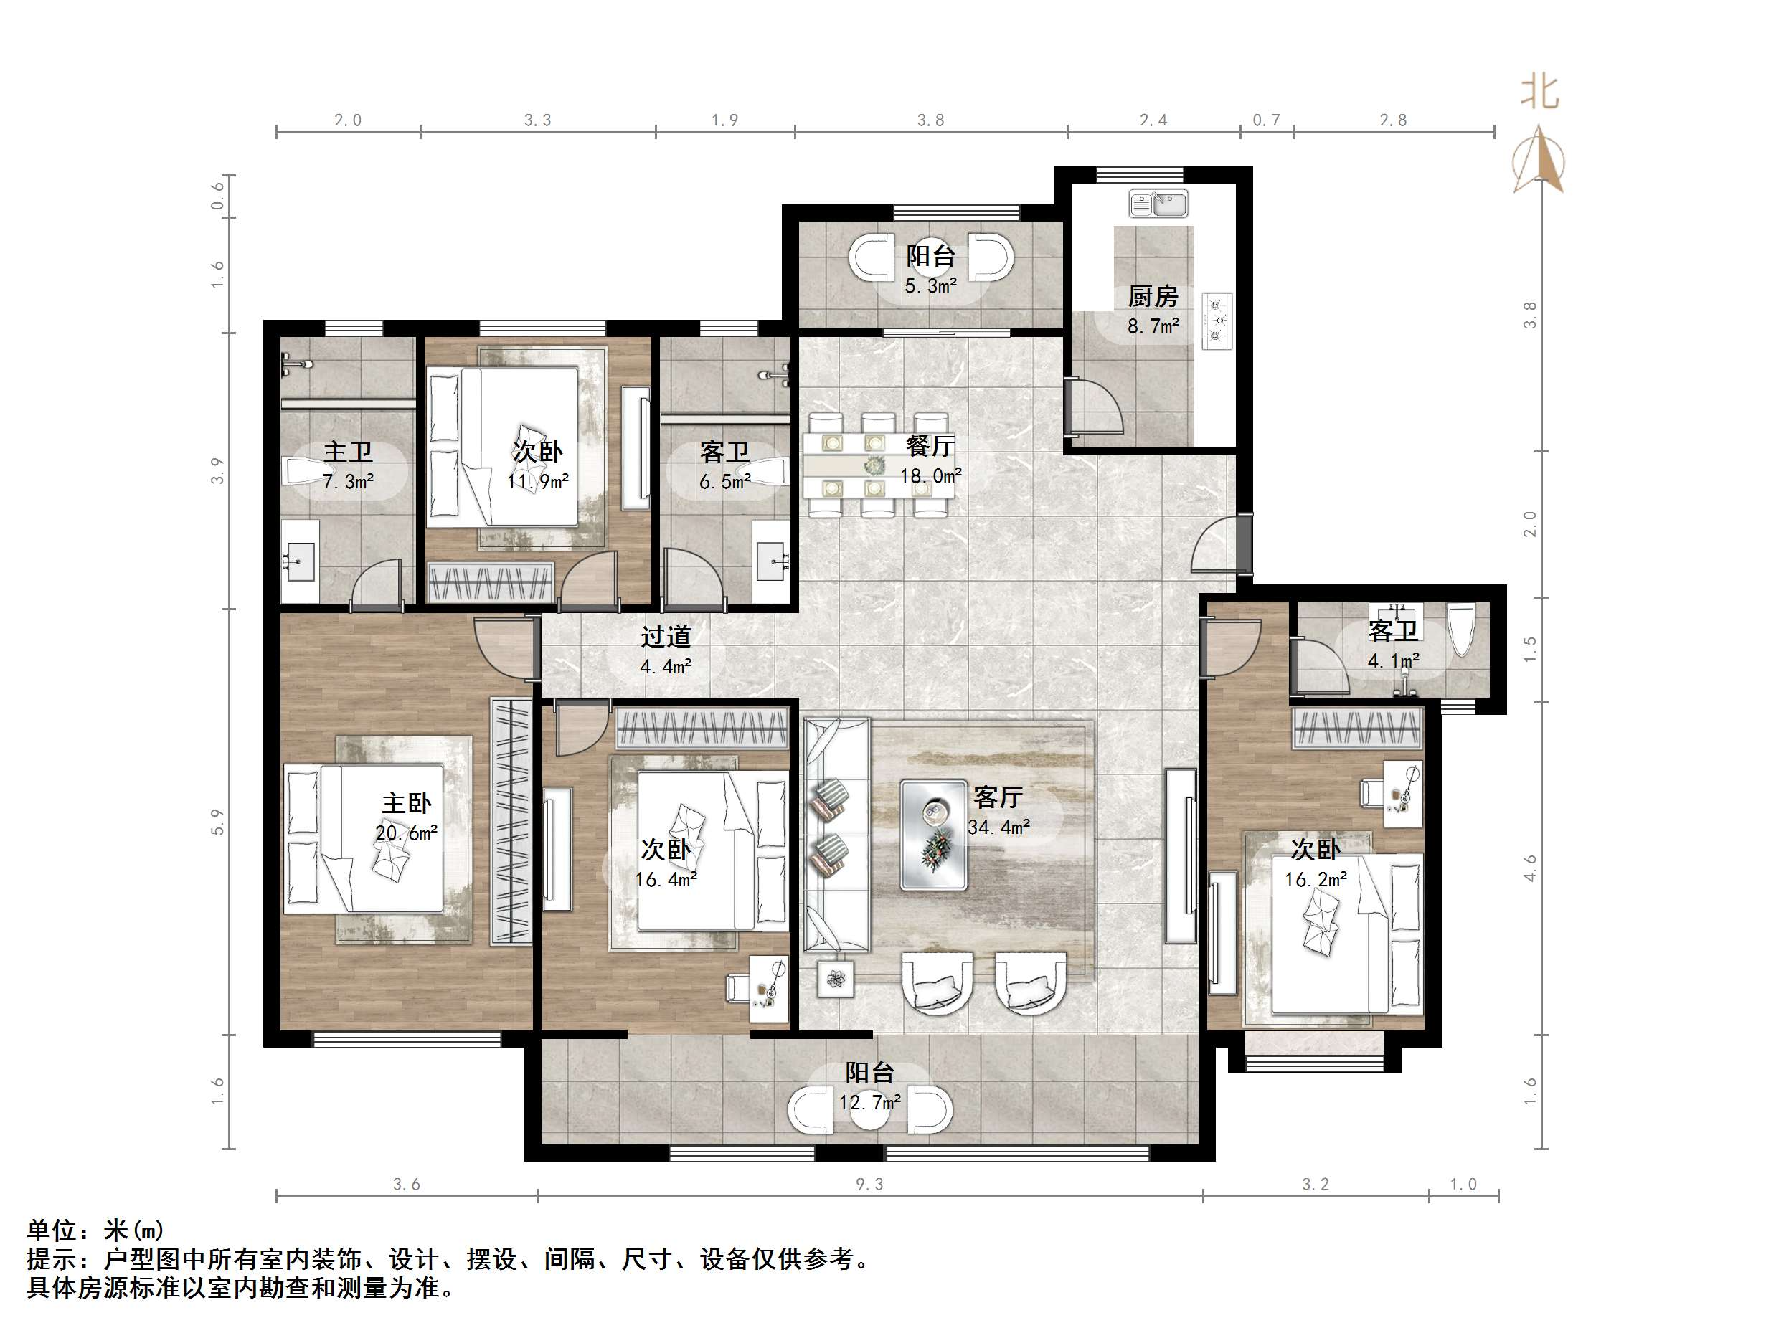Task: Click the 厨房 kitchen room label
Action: click(1152, 296)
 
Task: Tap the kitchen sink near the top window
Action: click(1158, 204)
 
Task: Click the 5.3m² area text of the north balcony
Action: click(930, 286)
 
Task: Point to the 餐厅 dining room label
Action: click(930, 445)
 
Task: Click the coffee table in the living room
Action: click(932, 835)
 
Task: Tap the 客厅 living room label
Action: click(998, 797)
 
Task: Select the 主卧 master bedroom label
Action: click(406, 803)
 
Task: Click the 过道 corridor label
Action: click(666, 636)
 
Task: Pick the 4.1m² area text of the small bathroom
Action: click(1393, 661)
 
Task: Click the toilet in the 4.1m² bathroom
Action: click(1461, 631)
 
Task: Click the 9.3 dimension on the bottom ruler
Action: click(869, 1184)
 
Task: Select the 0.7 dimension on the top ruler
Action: click(1266, 120)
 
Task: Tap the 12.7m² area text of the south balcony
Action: click(869, 1102)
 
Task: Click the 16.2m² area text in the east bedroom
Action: click(1316, 880)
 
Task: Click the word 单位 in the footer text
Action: click(52, 1230)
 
